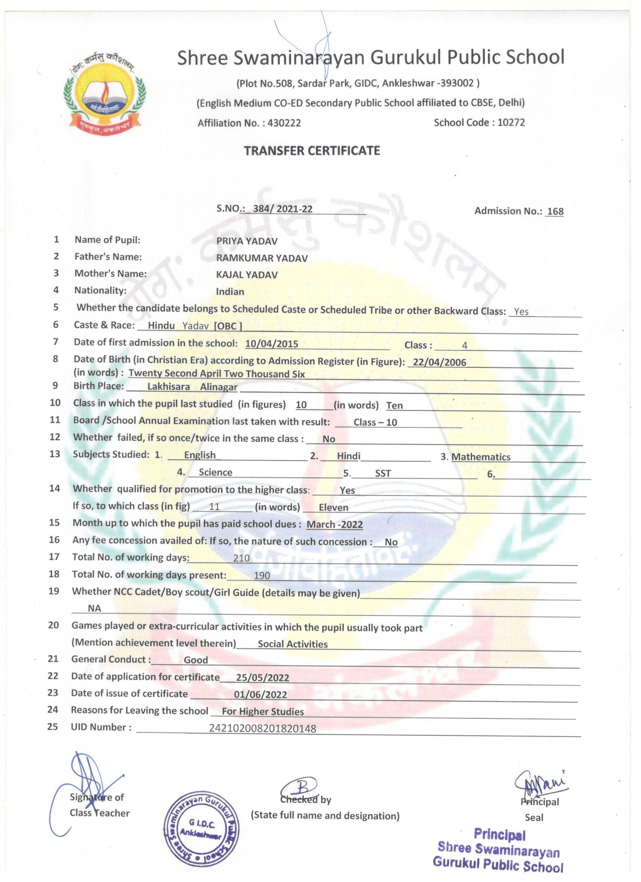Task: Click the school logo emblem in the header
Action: point(104,93)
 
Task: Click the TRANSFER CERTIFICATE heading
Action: point(312,151)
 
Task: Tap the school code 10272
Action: point(511,123)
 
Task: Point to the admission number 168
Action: point(555,211)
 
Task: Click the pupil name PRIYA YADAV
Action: point(247,241)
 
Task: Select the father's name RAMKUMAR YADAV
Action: point(262,258)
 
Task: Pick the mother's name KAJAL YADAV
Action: point(247,275)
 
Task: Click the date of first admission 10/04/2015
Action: point(272,344)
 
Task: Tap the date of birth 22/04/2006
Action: point(439,362)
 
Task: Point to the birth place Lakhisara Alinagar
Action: point(192,387)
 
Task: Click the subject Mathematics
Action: point(480,457)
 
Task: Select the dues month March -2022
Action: point(334,524)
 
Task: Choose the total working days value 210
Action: point(241,558)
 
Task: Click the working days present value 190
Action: point(262,575)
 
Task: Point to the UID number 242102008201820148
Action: point(262,728)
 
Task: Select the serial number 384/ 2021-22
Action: point(282,209)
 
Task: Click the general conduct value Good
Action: point(196,660)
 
